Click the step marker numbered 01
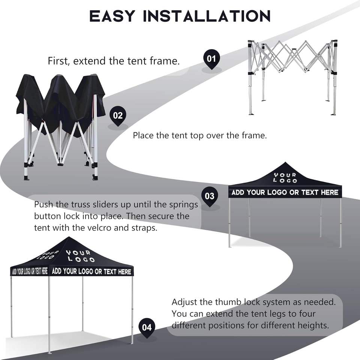click(211, 58)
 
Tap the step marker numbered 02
click(118, 115)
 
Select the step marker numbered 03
click(210, 196)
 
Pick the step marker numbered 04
click(147, 327)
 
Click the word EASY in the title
click(112, 16)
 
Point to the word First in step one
click(59, 61)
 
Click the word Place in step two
click(143, 135)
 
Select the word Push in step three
click(43, 205)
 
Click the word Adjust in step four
click(185, 302)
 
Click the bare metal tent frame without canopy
click(292, 75)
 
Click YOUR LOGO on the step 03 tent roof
click(285, 178)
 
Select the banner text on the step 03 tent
click(285, 192)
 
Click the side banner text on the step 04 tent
click(30, 271)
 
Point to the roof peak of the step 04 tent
click(68, 238)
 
